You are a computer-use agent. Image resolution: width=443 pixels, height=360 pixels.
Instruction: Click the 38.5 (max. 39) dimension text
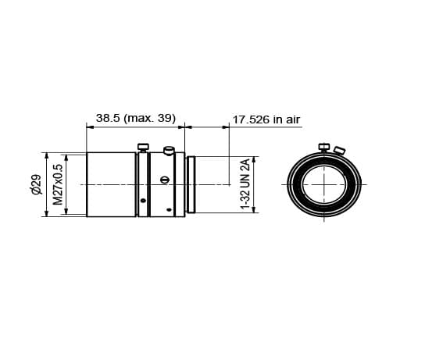tap(135, 118)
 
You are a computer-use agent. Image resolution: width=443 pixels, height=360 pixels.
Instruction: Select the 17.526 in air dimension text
tap(266, 119)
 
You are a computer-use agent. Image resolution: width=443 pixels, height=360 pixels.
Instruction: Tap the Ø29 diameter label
tap(35, 184)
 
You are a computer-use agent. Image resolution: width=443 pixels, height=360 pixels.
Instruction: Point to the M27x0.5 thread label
tap(57, 184)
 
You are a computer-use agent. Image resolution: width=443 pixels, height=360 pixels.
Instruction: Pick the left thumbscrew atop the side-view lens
tap(142, 147)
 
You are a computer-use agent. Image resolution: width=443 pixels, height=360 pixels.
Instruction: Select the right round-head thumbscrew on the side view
tap(168, 150)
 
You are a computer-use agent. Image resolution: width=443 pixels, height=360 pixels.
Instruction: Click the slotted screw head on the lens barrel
tap(164, 180)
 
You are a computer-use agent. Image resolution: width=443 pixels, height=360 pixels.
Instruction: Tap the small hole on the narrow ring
tap(143, 201)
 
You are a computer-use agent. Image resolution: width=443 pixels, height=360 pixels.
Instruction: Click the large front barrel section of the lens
tap(111, 184)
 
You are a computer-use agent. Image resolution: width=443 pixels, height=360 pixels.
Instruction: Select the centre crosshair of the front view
tap(325, 184)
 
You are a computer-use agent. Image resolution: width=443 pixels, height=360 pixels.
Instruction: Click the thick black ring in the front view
tap(294, 184)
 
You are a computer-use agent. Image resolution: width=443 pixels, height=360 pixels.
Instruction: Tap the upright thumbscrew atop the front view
tap(324, 146)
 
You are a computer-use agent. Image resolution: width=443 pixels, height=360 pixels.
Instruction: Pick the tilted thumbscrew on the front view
tap(339, 150)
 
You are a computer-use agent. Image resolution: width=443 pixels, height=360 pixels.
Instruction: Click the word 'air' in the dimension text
tap(291, 119)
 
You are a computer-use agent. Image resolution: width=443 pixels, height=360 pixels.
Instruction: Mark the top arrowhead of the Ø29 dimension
tap(46, 154)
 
